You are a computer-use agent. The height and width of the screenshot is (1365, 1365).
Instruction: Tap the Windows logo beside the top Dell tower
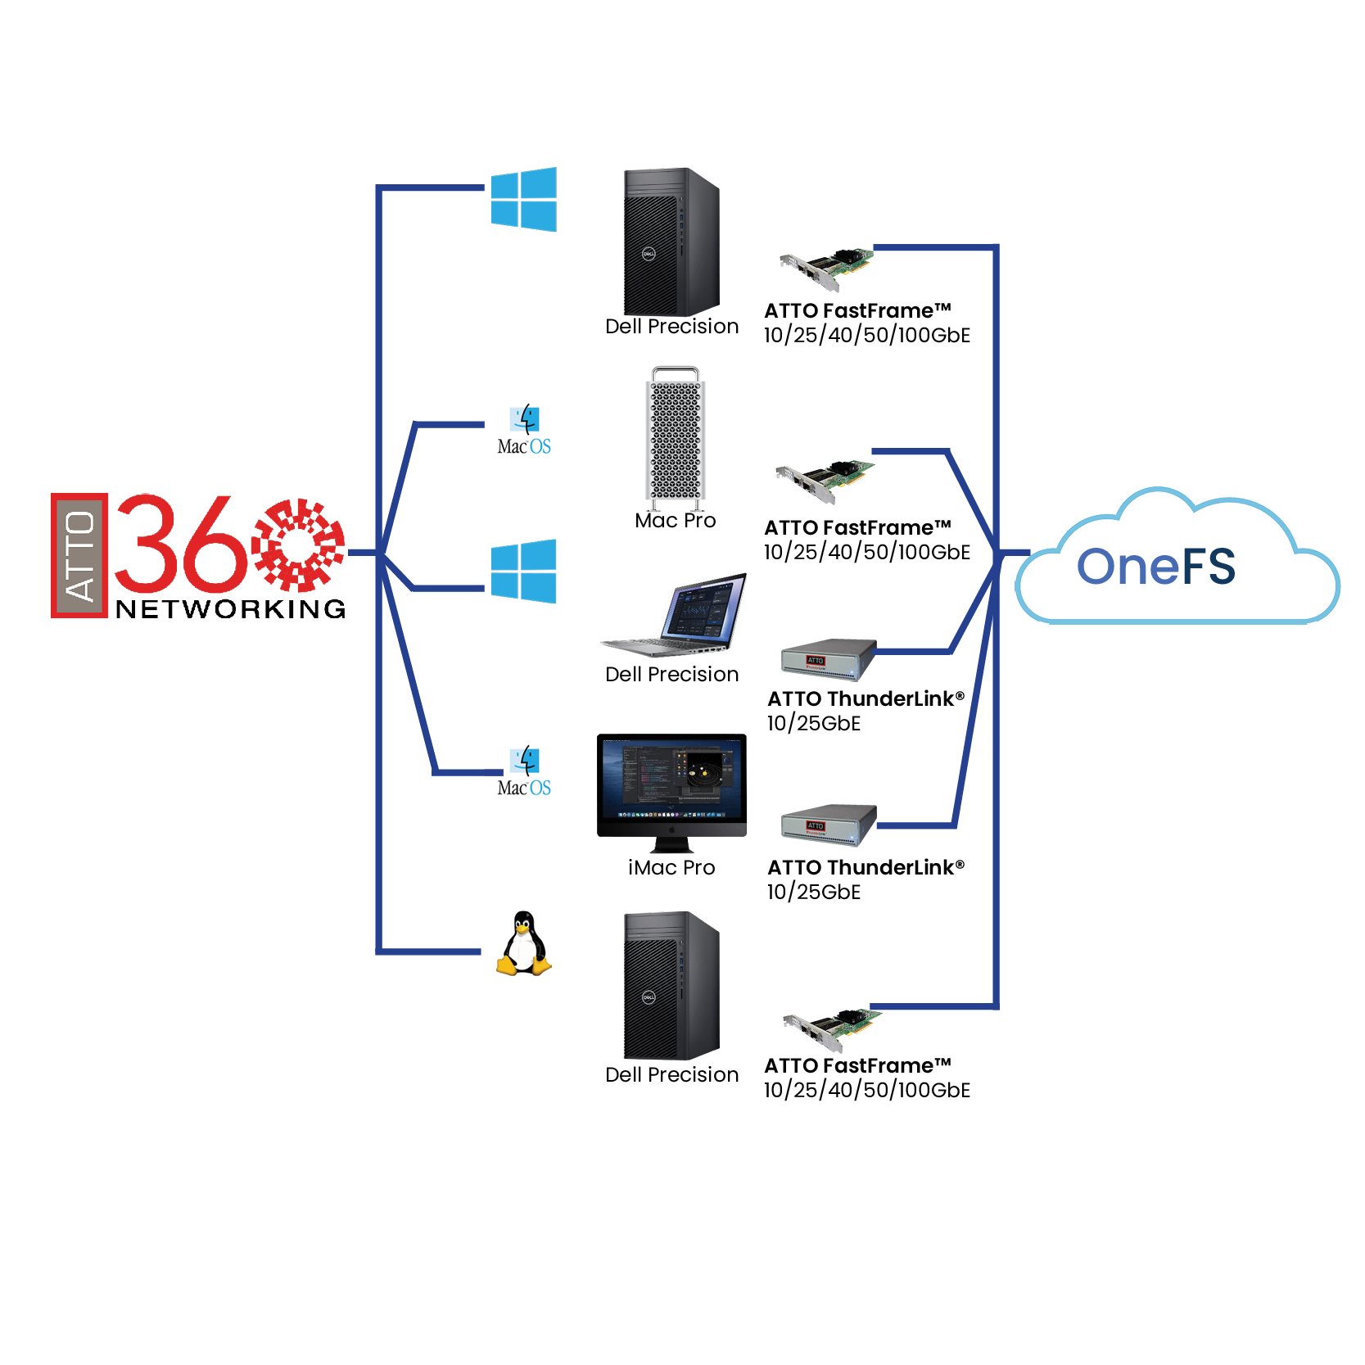click(x=523, y=199)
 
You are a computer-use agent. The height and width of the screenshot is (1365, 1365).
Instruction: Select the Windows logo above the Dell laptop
click(x=523, y=572)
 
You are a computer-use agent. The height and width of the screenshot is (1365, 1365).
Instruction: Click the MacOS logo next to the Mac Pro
click(x=524, y=430)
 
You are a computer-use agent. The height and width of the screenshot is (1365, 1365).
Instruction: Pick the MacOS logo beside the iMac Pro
click(x=524, y=771)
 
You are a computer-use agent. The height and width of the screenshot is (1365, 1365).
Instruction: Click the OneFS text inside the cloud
click(x=1155, y=566)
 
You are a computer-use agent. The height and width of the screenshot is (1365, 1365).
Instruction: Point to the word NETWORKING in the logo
click(x=231, y=609)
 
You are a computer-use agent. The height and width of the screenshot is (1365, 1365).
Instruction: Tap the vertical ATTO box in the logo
click(x=79, y=555)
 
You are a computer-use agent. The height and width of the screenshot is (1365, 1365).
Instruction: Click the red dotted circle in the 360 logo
click(x=298, y=545)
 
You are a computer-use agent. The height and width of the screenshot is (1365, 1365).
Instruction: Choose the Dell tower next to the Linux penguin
click(x=671, y=986)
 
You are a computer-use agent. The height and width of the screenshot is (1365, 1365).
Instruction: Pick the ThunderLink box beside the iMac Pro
click(x=828, y=824)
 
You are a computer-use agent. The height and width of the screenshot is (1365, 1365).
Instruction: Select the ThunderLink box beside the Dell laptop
click(x=828, y=659)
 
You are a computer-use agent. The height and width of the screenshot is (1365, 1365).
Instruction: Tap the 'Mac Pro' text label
click(x=676, y=521)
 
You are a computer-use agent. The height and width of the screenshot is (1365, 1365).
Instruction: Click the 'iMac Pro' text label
click(x=671, y=868)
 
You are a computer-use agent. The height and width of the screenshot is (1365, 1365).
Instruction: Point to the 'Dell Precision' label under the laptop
click(x=671, y=675)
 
